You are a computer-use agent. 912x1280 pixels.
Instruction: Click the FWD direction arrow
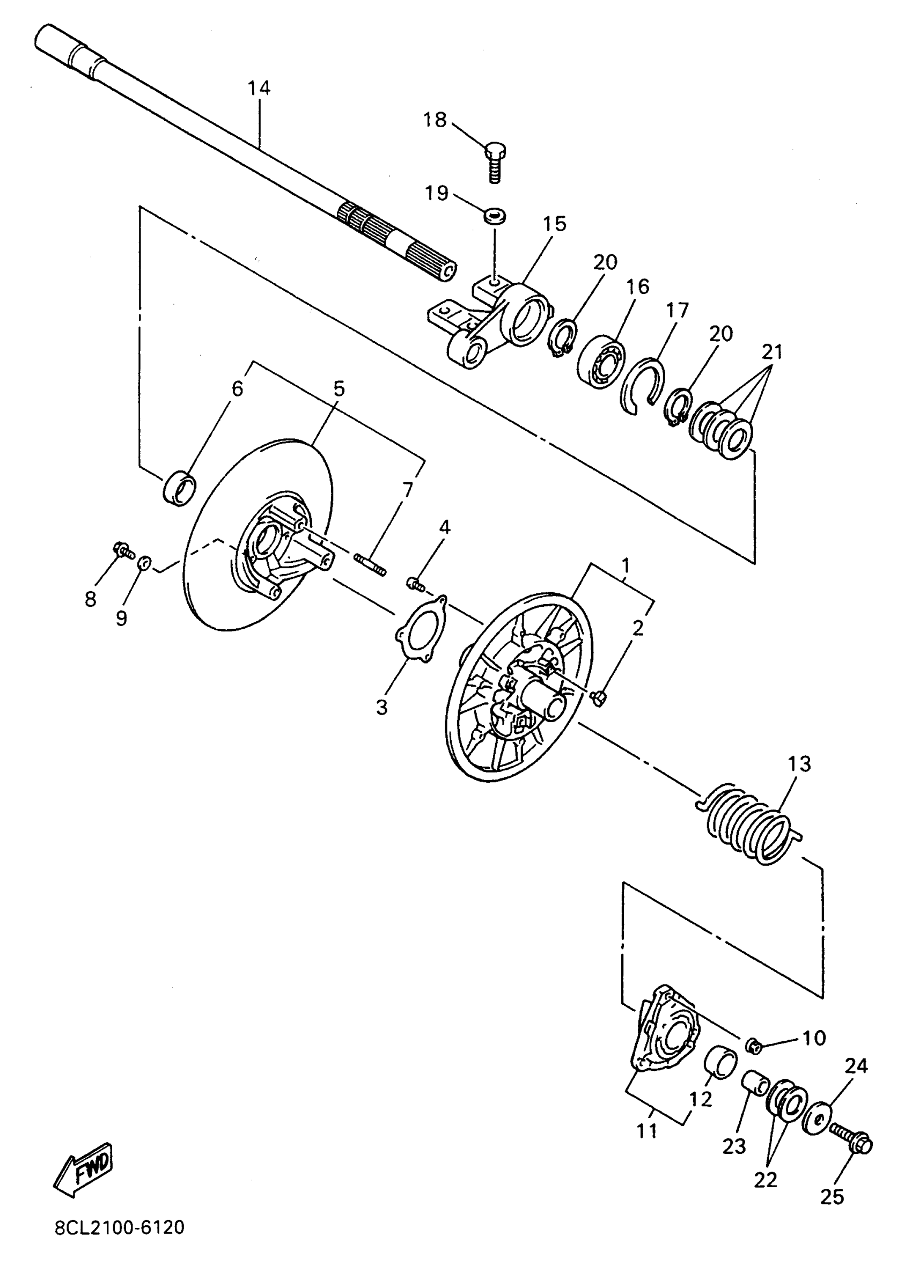pos(83,1170)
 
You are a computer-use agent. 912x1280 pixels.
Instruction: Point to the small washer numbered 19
pos(494,215)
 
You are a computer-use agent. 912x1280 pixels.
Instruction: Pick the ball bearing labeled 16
pos(601,363)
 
